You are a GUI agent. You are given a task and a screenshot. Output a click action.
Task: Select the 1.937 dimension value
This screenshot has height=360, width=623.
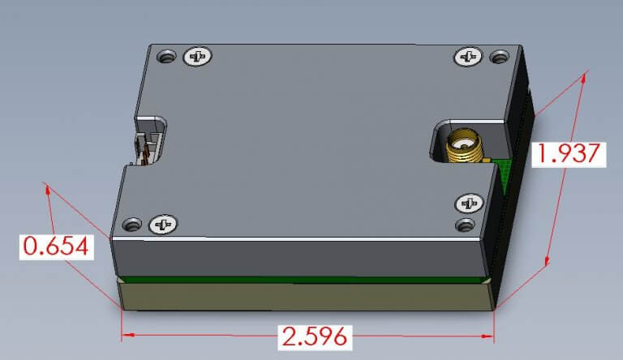pos(568,153)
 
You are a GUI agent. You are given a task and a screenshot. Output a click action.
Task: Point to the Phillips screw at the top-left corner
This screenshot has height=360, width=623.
pos(198,56)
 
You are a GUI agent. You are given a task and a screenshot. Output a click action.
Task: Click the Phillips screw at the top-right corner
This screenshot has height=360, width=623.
pos(469,56)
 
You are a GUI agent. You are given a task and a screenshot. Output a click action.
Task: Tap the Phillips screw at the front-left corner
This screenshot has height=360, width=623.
pos(163,223)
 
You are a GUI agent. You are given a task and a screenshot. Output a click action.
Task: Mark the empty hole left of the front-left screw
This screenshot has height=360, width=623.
pos(131,223)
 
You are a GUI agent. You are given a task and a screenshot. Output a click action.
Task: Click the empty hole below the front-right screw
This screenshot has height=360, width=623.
pos(465,224)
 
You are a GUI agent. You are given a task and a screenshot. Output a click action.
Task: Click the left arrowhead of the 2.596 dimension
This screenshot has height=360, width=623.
pos(125,335)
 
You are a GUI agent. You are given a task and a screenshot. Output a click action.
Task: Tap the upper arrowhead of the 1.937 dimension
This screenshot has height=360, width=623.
pos(583,77)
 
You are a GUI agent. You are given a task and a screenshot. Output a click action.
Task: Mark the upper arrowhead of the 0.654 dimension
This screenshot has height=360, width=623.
pos(49,190)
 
